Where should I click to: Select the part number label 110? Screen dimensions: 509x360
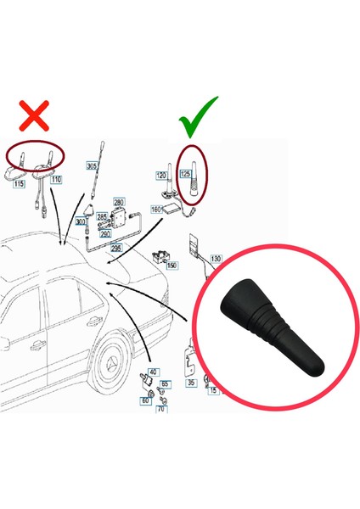click(x=56, y=181)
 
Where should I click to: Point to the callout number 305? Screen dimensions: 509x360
click(x=91, y=165)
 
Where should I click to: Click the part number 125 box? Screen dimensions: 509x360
click(x=185, y=175)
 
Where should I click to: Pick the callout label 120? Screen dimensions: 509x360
click(x=161, y=175)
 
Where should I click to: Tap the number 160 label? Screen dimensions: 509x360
click(x=156, y=208)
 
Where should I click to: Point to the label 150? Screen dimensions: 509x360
click(x=172, y=266)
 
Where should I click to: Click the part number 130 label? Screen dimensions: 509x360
click(x=216, y=258)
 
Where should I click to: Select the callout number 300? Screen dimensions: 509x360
click(x=81, y=222)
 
